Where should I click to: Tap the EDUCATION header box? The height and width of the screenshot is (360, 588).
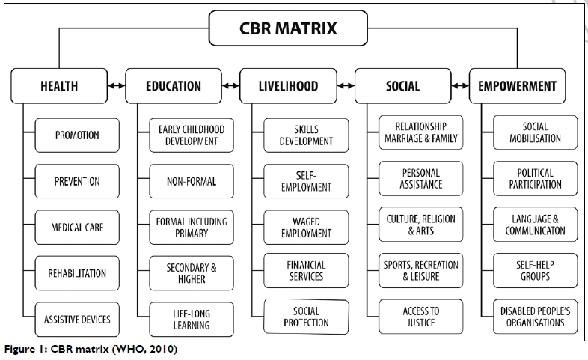coord(174,85)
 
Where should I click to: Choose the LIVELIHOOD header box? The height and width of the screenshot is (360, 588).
coord(288,85)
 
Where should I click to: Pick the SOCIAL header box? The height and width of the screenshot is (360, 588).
coord(402,85)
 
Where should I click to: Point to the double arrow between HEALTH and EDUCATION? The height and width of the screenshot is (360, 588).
coord(116,85)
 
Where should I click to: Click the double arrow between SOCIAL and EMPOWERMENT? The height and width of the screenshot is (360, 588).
coord(460,85)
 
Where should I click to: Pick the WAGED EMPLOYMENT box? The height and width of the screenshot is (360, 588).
coord(307,228)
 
